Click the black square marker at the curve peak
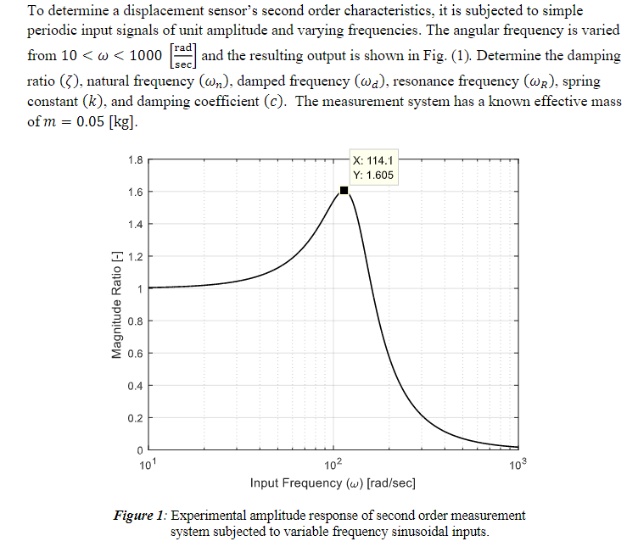[344, 191]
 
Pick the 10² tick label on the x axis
[333, 463]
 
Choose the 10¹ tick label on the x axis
[149, 463]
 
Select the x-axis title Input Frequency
[333, 483]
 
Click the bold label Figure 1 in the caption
[140, 516]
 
